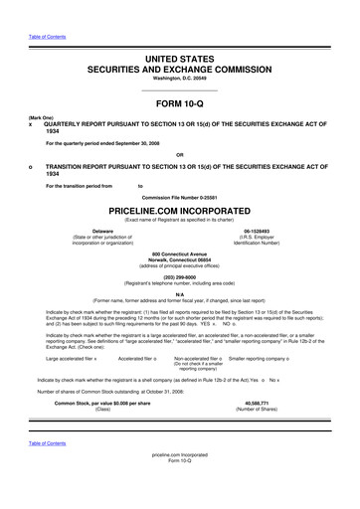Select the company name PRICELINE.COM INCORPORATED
coord(179,212)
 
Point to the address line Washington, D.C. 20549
coord(179,79)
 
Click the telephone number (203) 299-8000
coord(179,277)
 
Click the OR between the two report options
coord(179,154)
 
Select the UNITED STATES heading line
coord(179,61)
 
